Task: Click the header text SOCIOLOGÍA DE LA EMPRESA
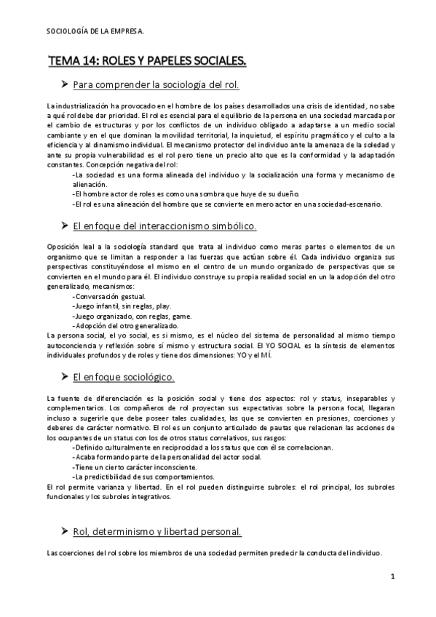click(x=95, y=31)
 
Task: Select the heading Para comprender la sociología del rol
click(x=156, y=86)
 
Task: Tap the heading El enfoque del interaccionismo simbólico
click(x=165, y=226)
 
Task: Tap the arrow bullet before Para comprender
click(x=65, y=86)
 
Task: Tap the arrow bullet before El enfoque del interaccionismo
click(x=65, y=226)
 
